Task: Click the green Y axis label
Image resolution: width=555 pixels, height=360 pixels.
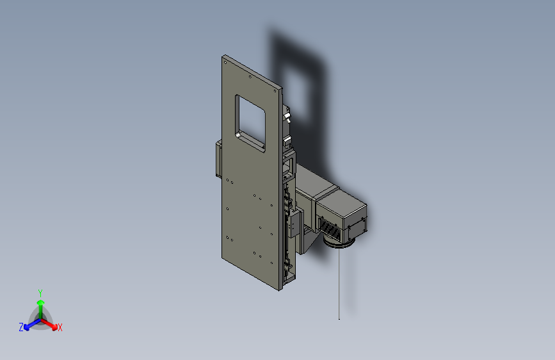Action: click(40, 293)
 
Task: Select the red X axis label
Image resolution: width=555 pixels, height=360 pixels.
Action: click(60, 327)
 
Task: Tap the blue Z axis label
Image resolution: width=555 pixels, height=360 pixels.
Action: click(21, 327)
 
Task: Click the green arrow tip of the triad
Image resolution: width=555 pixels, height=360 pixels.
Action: click(41, 302)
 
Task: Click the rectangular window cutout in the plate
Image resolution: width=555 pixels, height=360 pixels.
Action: click(250, 123)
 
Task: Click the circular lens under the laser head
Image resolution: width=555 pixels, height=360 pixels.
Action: click(339, 243)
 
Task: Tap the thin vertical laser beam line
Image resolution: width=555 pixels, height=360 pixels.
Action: click(339, 284)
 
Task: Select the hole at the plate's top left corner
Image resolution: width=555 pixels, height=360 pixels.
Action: click(225, 63)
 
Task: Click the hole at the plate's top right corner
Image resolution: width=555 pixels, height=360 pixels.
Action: click(275, 91)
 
